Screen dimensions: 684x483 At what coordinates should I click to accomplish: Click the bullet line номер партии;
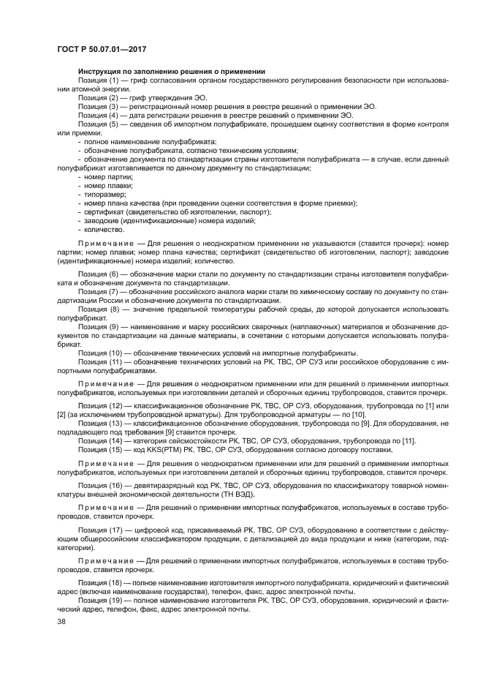pyautogui.click(x=99, y=177)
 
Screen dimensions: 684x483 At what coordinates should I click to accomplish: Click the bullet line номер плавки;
pyautogui.click(x=100, y=186)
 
